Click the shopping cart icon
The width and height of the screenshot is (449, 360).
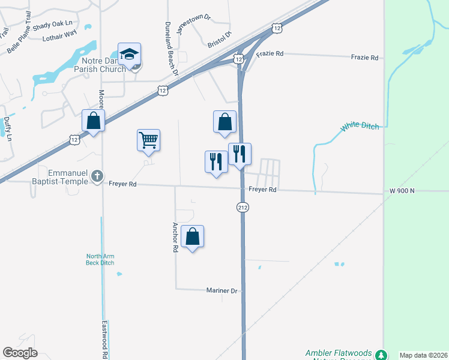[x=148, y=140]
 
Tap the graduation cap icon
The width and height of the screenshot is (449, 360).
[x=129, y=54]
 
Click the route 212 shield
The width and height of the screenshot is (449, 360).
[x=243, y=207]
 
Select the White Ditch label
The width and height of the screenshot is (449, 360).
[x=360, y=127]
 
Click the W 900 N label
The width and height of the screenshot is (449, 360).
[x=402, y=191]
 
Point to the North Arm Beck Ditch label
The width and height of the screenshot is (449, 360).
[x=100, y=260]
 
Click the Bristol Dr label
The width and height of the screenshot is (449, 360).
[x=219, y=41]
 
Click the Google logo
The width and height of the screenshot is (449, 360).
[x=20, y=353]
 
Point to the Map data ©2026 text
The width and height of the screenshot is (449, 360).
[x=423, y=355]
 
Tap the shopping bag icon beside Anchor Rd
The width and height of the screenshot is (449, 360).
[x=192, y=236]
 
